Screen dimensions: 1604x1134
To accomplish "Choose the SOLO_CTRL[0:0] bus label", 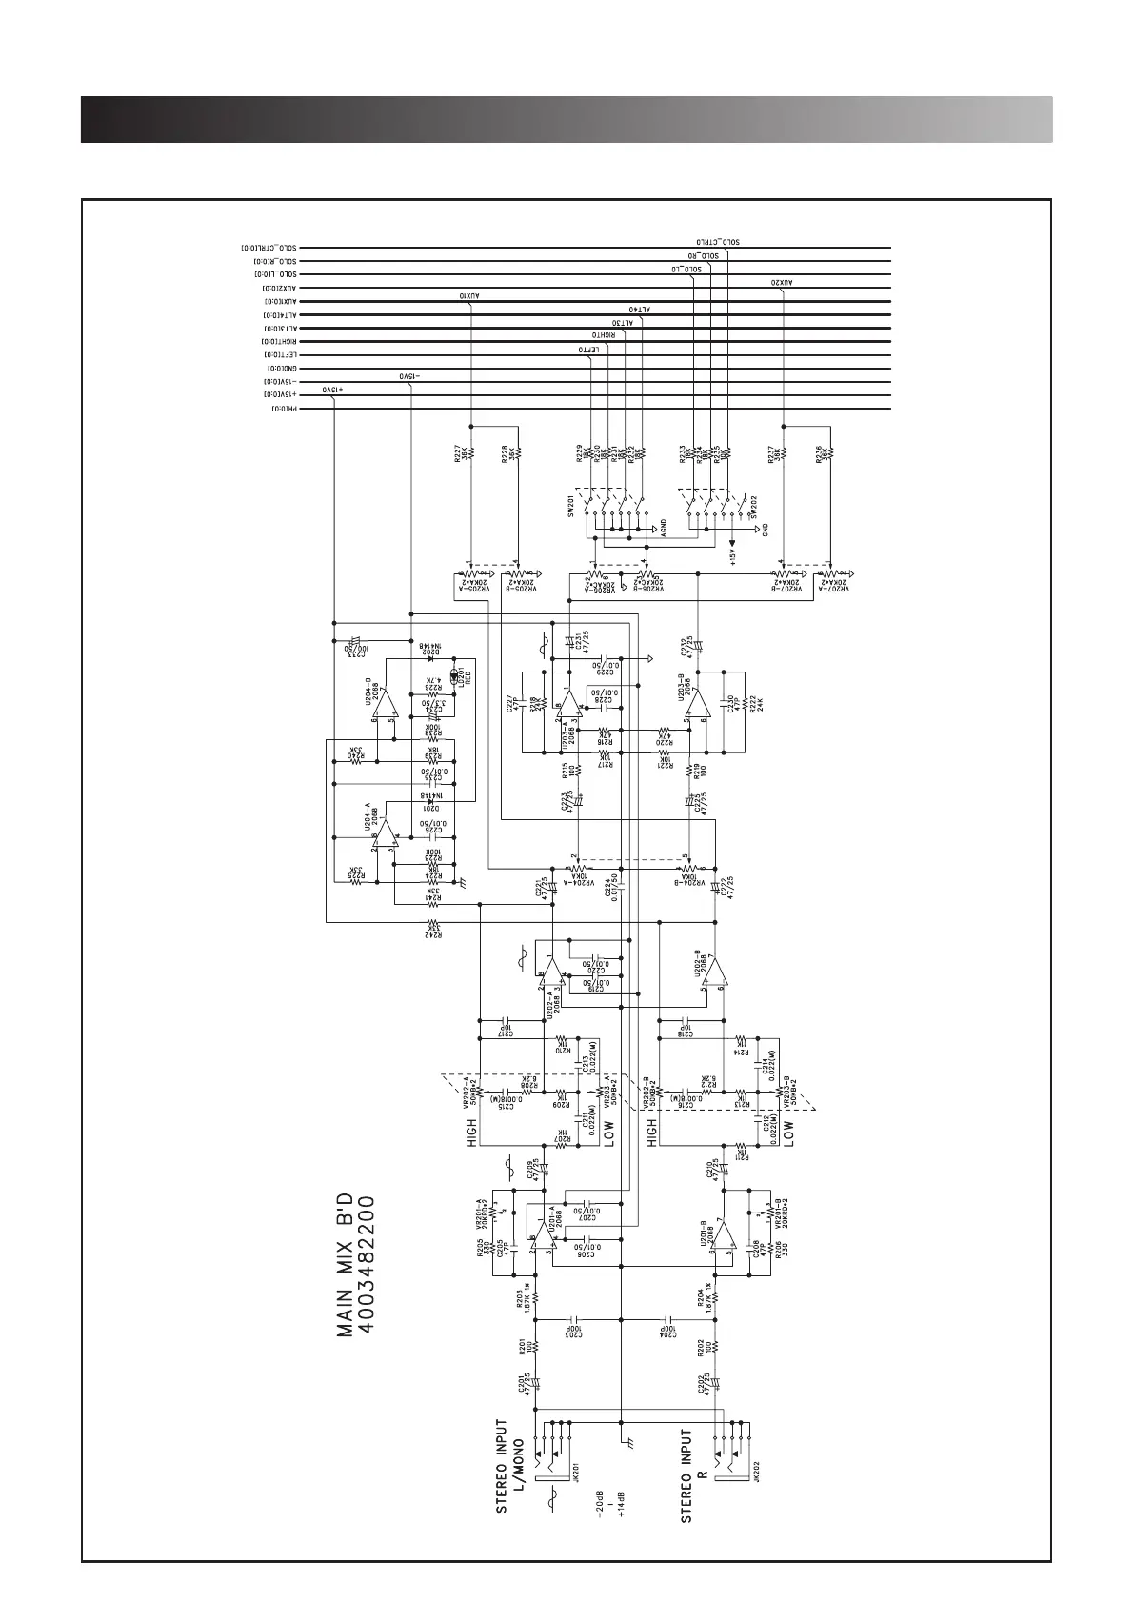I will [x=270, y=248].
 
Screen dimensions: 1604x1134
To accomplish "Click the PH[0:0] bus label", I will [x=285, y=408].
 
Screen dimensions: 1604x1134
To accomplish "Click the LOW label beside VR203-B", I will [x=788, y=1133].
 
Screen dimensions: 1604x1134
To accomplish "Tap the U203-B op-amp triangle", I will [x=700, y=705].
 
